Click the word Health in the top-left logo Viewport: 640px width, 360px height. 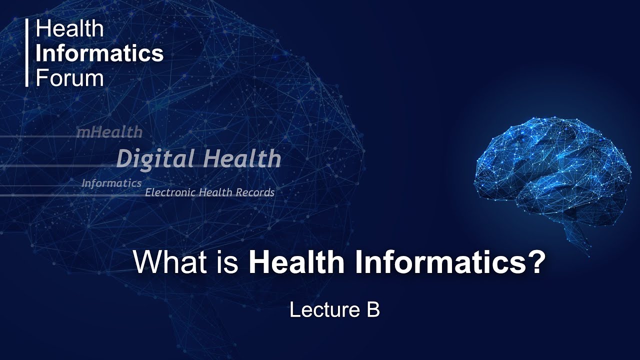pyautogui.click(x=69, y=29)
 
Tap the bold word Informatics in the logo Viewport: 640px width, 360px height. pyautogui.click(x=99, y=53)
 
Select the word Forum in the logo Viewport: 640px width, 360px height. pyautogui.click(x=69, y=78)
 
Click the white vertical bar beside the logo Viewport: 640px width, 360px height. pyautogui.click(x=27, y=53)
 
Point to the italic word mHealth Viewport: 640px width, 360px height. pyautogui.click(x=109, y=132)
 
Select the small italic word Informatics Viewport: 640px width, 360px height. pyautogui.click(x=111, y=183)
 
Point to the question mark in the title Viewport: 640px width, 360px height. pyautogui.click(x=535, y=262)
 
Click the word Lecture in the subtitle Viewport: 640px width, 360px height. pyautogui.click(x=321, y=310)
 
